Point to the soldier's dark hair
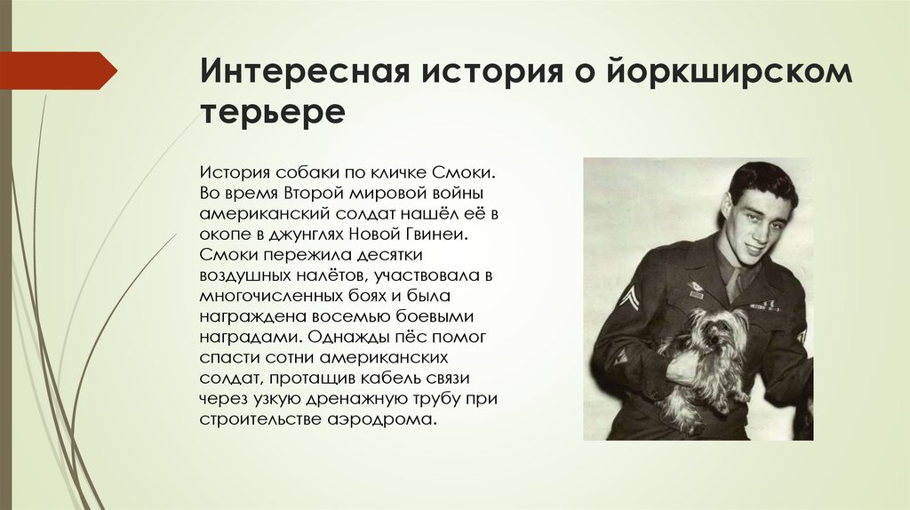click(x=761, y=179)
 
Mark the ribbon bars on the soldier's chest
click(x=765, y=305)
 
